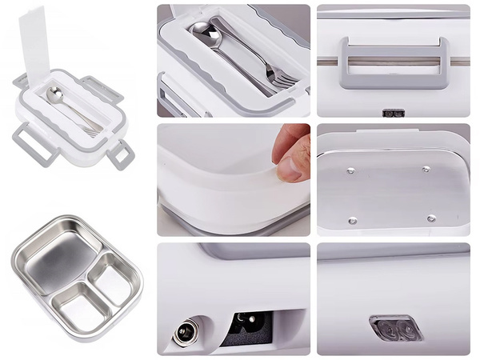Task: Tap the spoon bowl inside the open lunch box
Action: (x=54, y=95)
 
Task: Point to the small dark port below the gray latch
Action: (x=392, y=114)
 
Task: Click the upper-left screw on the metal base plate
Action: (x=350, y=170)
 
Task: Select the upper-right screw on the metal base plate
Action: (x=426, y=169)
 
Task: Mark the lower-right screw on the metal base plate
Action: (x=431, y=218)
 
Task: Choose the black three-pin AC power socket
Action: (x=246, y=327)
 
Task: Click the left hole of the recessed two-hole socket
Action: (x=388, y=327)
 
